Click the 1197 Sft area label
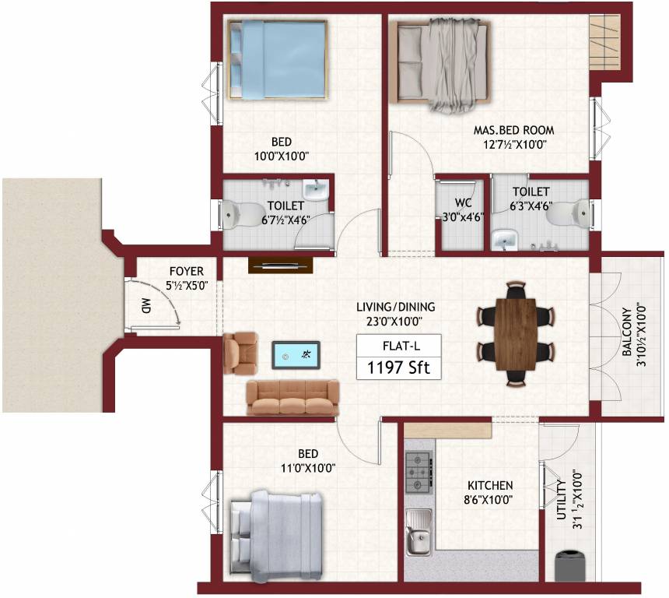[x=398, y=367]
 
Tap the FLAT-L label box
[x=398, y=345]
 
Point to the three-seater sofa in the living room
[x=292, y=397]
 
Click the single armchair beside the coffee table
[x=240, y=353]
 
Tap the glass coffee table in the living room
[x=295, y=354]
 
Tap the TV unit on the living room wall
[x=276, y=266]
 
